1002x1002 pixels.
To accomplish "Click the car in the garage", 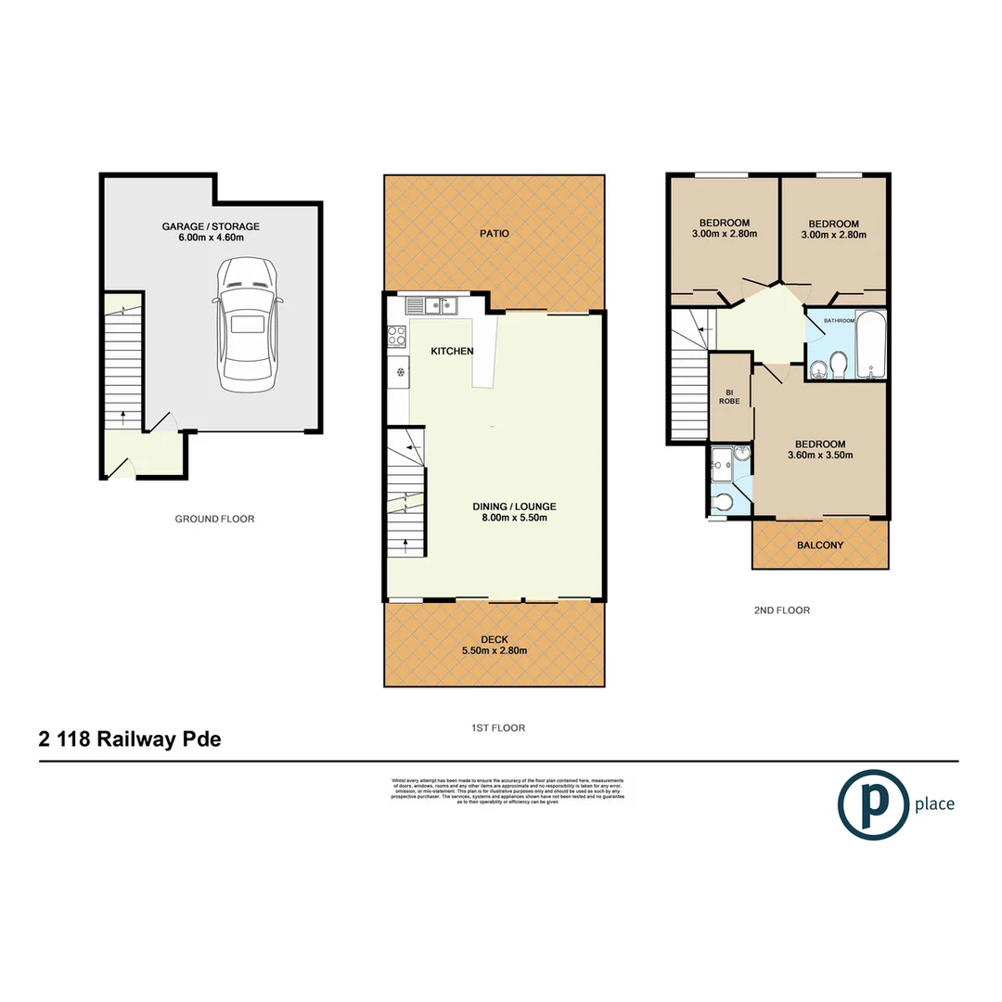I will point(247,324).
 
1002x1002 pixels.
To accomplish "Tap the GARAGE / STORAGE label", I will point(211,226).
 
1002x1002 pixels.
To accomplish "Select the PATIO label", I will point(495,234).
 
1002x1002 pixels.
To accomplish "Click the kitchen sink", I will point(435,303).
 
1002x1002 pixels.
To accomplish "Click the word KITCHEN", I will point(453,351).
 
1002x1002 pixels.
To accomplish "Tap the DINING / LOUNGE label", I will point(514,506).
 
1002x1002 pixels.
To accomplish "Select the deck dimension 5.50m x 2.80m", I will point(494,650).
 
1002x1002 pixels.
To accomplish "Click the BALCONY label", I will point(819,546).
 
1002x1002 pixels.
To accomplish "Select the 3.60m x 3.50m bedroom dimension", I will point(819,455).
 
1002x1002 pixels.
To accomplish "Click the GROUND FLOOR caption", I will point(214,519).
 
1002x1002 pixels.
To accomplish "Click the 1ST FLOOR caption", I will point(495,728).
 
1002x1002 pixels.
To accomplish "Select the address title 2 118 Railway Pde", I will point(130,739).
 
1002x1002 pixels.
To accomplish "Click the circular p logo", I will point(871,804).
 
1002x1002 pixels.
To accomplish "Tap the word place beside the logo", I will point(933,804).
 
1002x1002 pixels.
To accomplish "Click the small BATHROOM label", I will point(840,320).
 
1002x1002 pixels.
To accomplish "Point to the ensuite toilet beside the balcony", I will point(724,502).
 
